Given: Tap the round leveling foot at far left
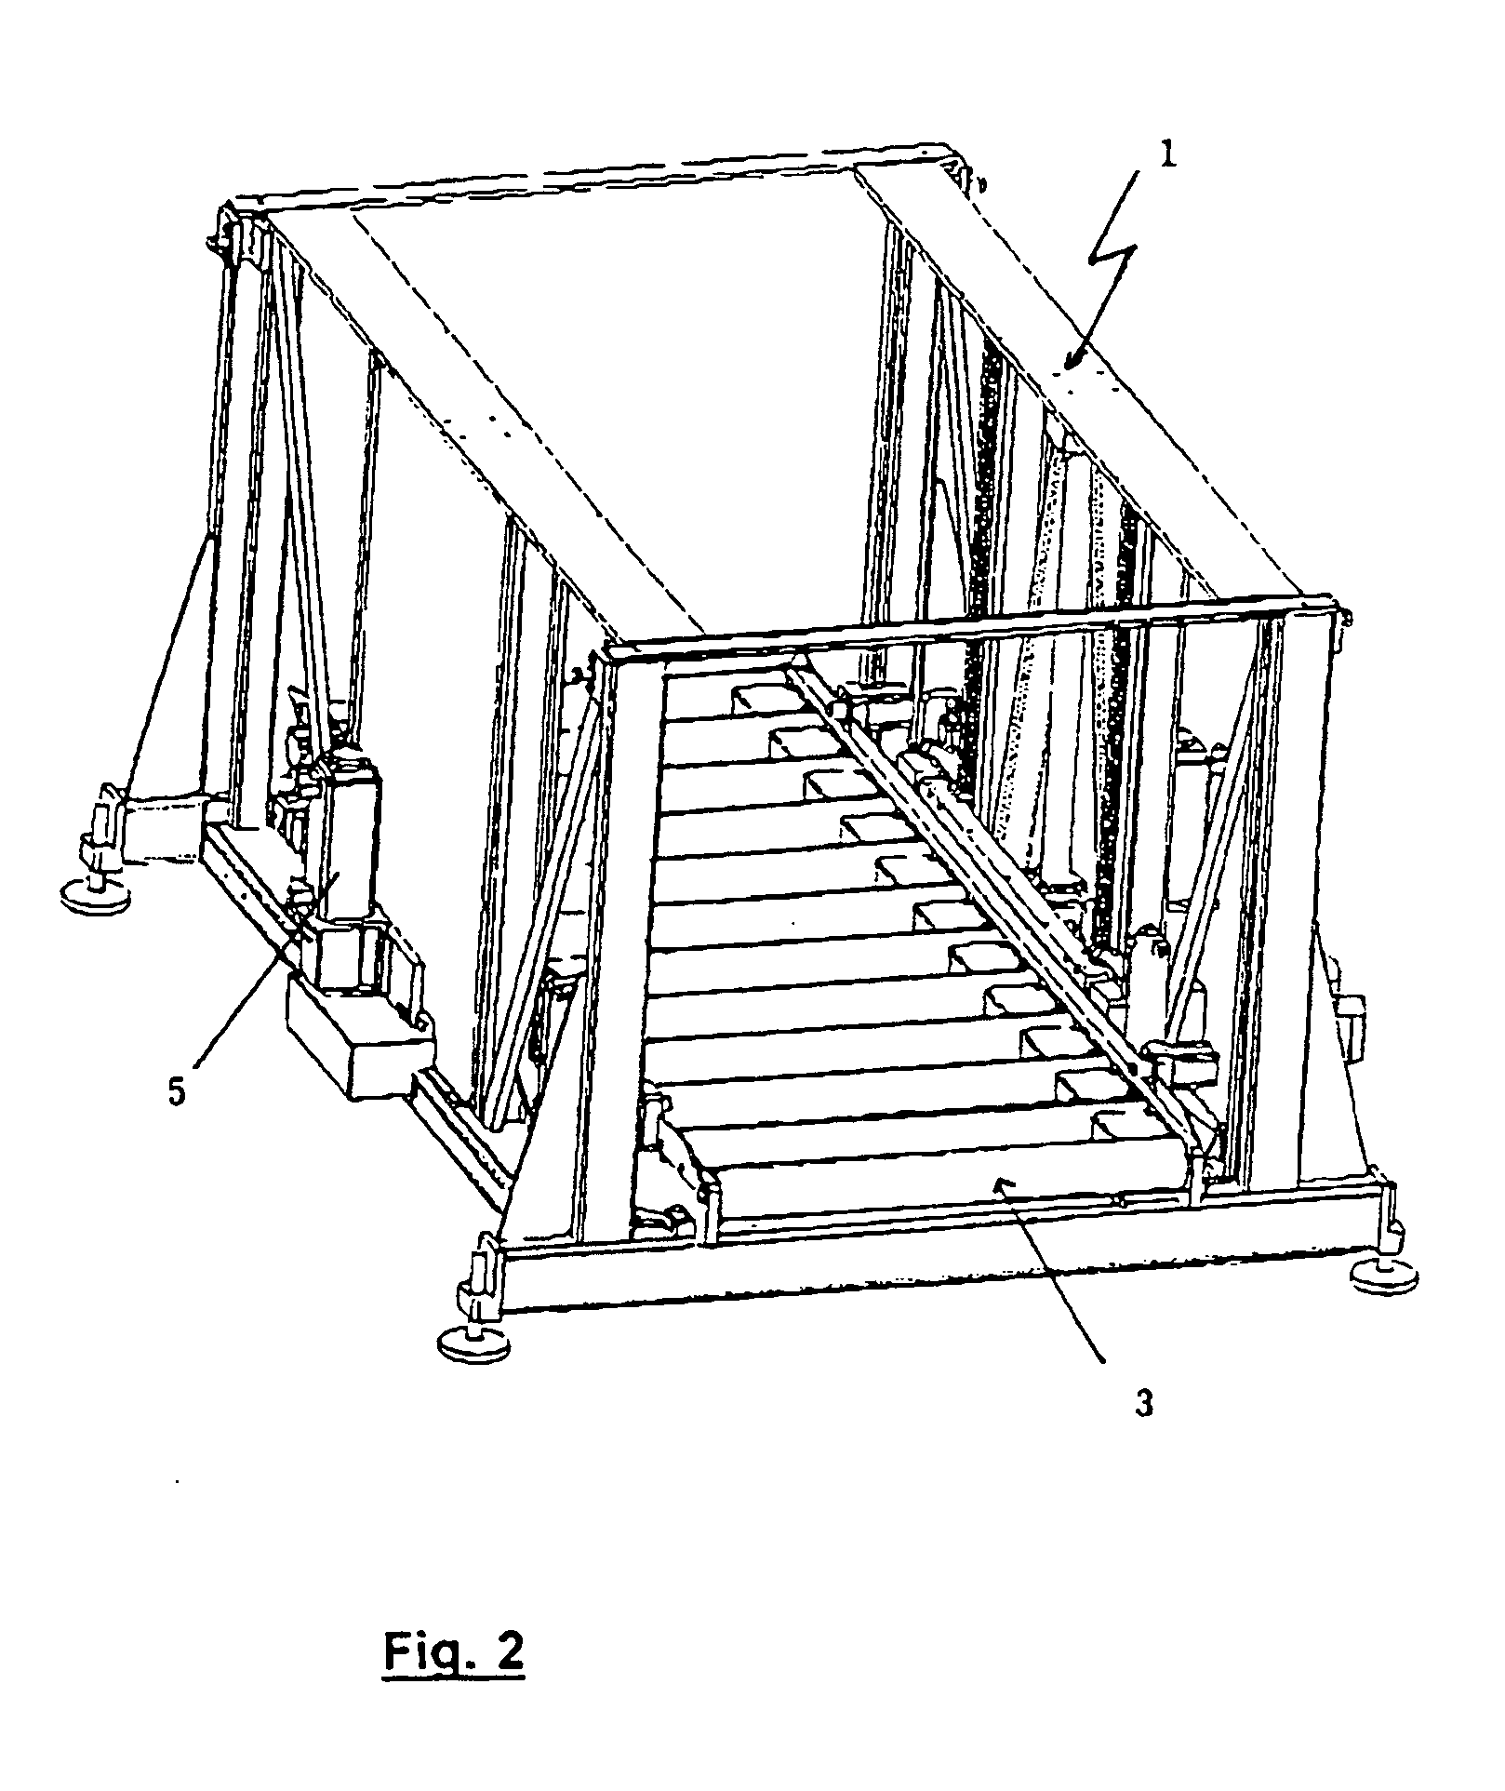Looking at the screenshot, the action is [x=94, y=896].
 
